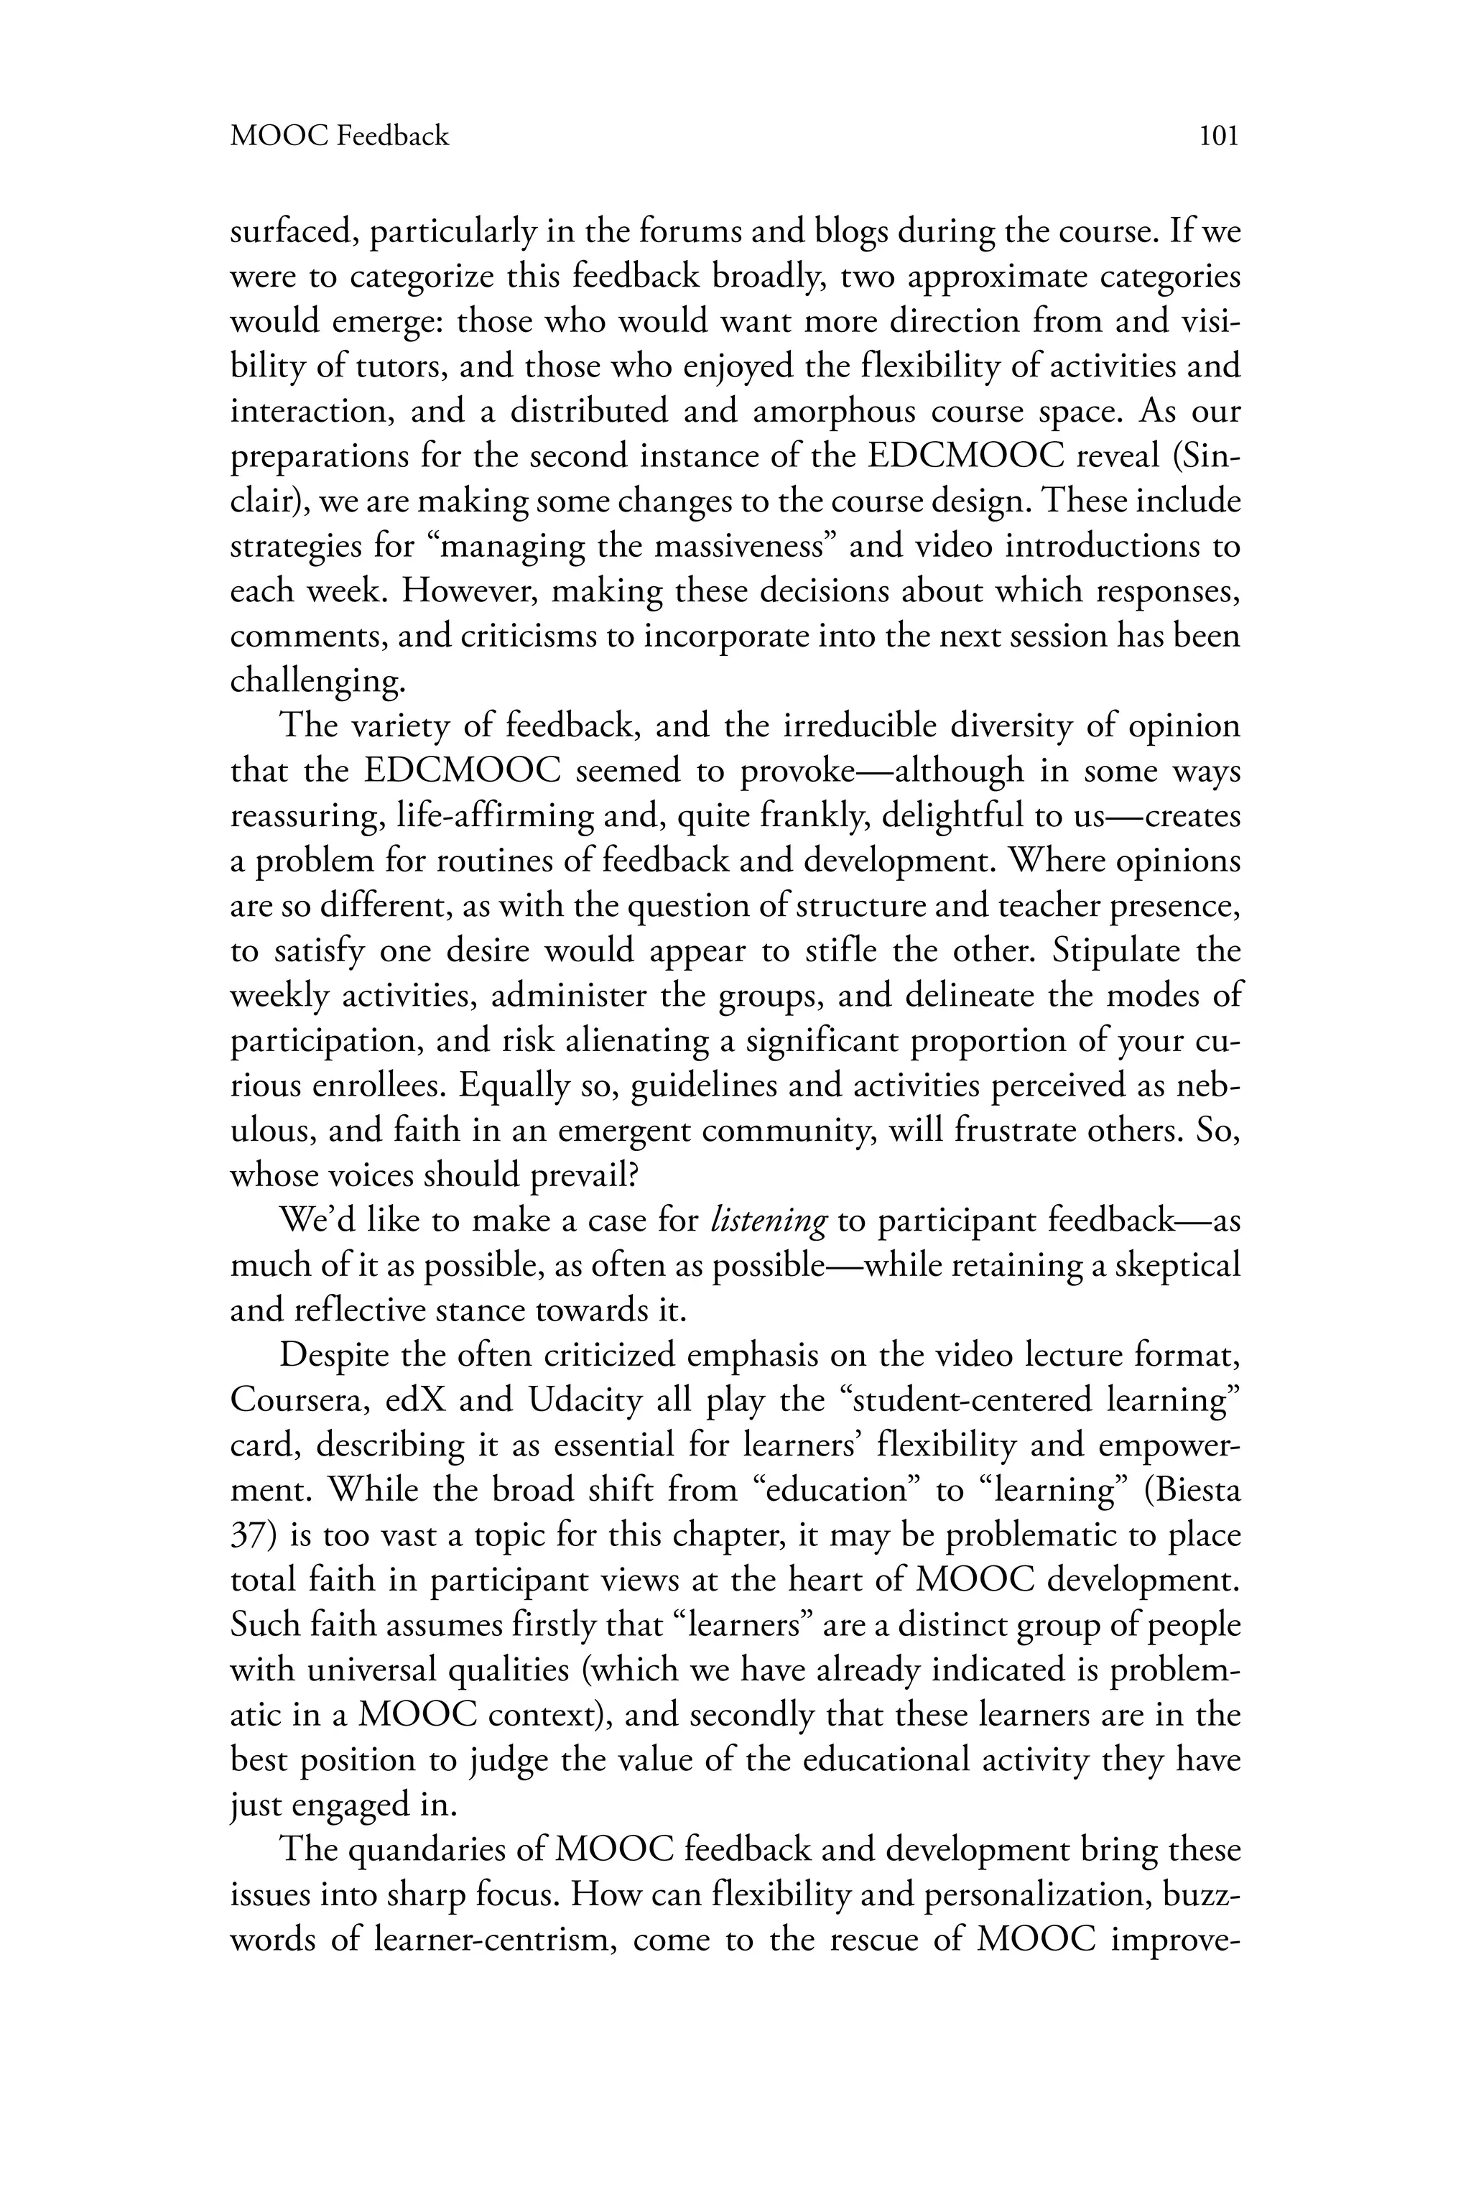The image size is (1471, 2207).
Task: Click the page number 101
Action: [x=1220, y=137]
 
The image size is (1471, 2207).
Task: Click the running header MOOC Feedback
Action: [x=340, y=137]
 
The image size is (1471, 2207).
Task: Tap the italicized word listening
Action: [x=769, y=1221]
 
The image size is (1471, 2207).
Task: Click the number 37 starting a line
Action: [x=249, y=1536]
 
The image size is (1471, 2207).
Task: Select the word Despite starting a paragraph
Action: [x=333, y=1356]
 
